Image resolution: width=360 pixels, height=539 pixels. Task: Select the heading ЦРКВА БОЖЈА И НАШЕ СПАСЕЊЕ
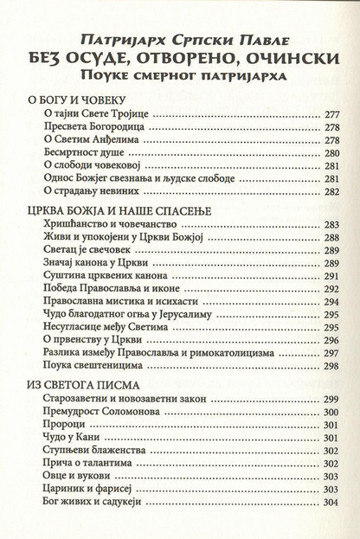[113, 209]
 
